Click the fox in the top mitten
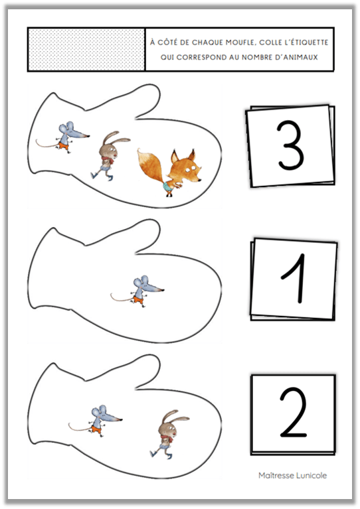coord(172,173)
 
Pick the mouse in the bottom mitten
coord(96,421)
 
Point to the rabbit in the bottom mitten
coord(168,434)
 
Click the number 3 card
coord(291,146)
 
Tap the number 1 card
coord(294,279)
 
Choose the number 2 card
coord(293,414)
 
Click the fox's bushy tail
coord(151,165)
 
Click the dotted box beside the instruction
coord(86,49)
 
